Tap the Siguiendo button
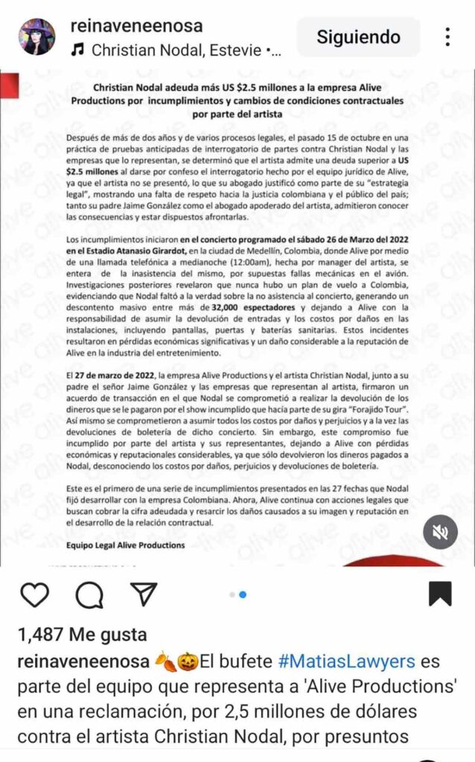[x=358, y=36]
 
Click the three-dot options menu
[x=447, y=36]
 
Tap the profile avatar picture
[x=36, y=36]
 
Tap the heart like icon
[x=34, y=595]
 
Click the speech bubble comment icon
[x=89, y=595]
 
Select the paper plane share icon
[x=143, y=595]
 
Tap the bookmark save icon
[x=441, y=594]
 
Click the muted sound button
[x=441, y=532]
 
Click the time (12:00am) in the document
[x=291, y=265]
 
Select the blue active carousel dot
[x=243, y=595]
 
